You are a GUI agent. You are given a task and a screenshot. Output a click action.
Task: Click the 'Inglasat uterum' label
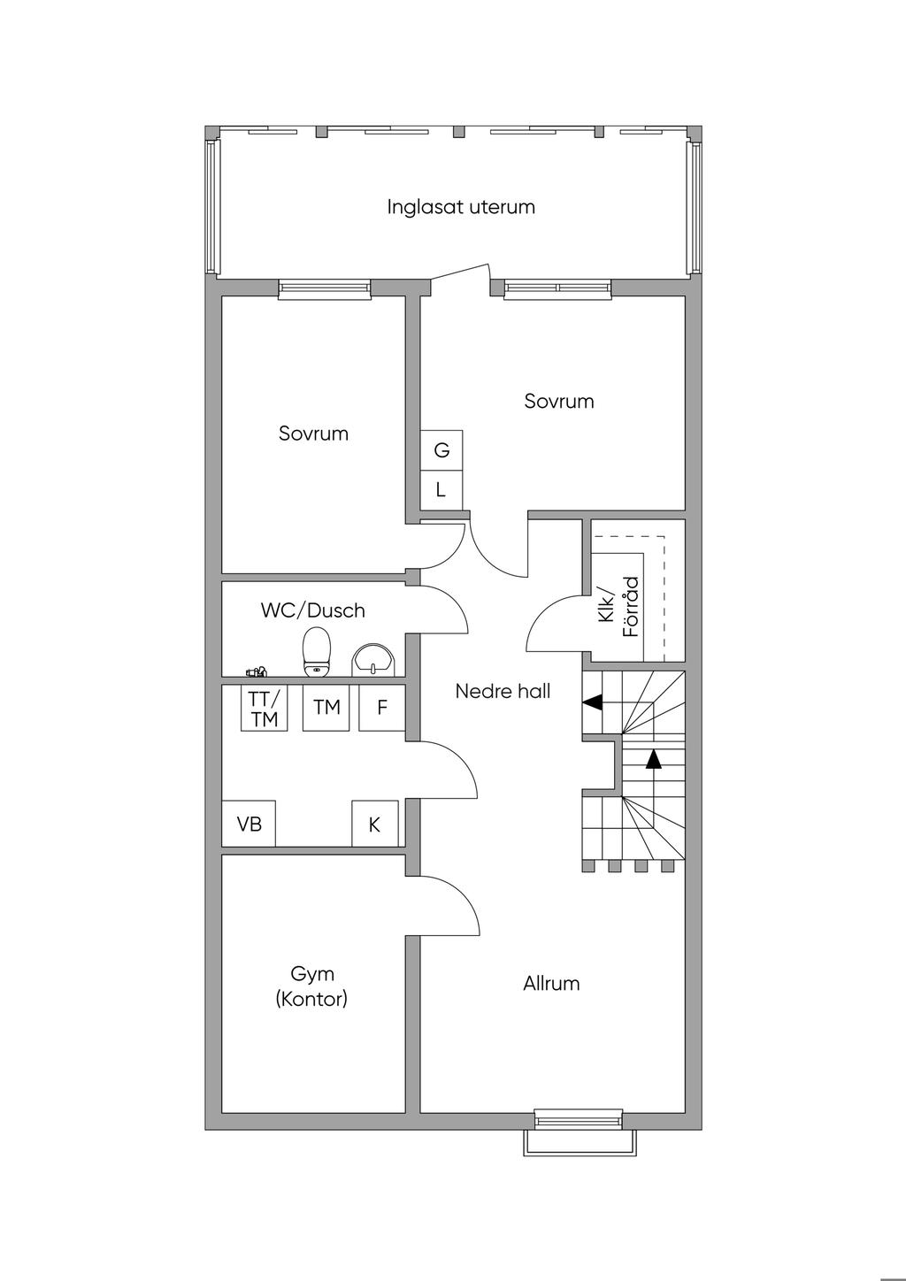(461, 207)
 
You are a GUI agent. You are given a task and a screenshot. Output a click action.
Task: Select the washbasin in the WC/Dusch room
(374, 659)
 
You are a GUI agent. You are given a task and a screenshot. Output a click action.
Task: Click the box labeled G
(441, 450)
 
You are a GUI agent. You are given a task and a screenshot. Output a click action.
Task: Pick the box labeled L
(441, 489)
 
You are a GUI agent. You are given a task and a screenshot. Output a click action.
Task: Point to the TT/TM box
(264, 709)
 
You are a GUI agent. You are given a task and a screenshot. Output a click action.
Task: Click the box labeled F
(382, 708)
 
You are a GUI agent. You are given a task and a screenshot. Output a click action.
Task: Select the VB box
(249, 824)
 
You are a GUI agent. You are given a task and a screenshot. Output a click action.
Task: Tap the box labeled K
(374, 824)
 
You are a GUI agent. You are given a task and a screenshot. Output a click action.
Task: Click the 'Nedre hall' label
(503, 691)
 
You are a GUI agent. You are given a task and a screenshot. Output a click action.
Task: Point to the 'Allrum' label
(551, 983)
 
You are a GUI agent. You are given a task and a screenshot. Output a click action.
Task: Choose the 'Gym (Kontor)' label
(312, 986)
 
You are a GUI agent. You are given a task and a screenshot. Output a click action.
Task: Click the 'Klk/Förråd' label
(618, 606)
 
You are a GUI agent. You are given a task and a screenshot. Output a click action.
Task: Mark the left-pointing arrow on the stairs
(592, 702)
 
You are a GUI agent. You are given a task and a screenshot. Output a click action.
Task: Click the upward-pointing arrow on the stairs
(653, 758)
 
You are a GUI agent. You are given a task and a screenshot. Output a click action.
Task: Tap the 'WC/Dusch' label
(312, 610)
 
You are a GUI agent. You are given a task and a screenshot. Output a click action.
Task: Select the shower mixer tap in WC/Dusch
(257, 672)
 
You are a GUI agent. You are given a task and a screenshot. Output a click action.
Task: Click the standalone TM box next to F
(326, 708)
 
